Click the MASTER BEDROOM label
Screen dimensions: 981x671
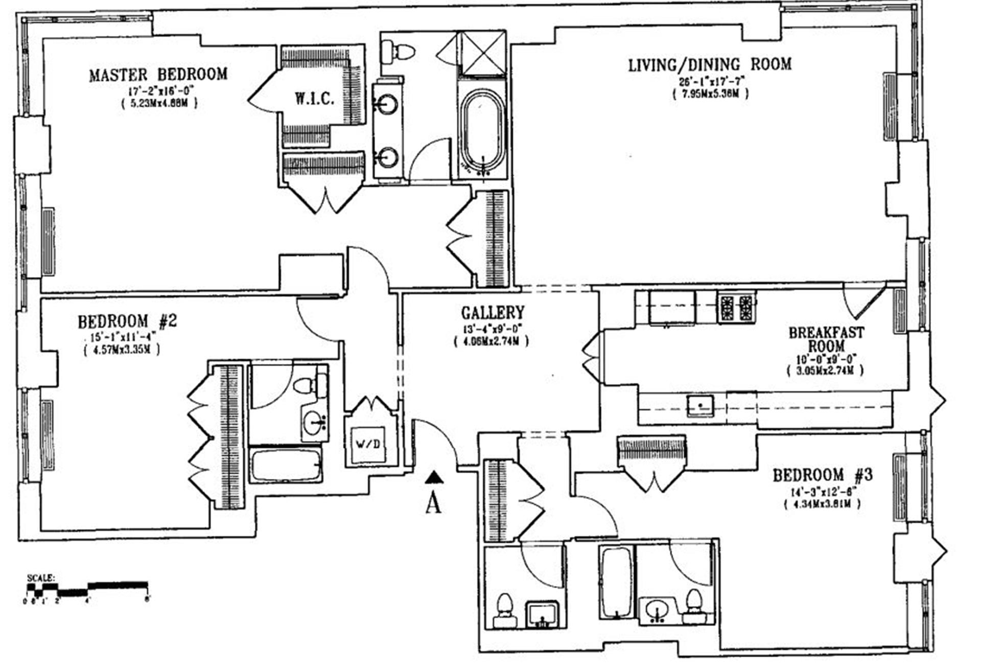click(x=158, y=75)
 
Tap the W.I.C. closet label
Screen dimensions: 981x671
click(x=314, y=99)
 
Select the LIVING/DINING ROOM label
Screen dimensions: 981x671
click(x=710, y=65)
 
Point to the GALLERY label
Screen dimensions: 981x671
click(x=493, y=312)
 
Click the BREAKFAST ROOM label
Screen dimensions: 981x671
click(x=826, y=339)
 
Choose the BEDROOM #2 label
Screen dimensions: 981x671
click(x=127, y=322)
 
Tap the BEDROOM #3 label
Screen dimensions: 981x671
click(x=822, y=475)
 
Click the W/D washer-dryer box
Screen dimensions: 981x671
click(x=368, y=444)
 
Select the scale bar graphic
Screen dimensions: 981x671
click(x=87, y=588)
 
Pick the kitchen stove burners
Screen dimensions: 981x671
click(x=736, y=307)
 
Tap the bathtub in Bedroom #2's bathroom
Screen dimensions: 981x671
click(x=286, y=465)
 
